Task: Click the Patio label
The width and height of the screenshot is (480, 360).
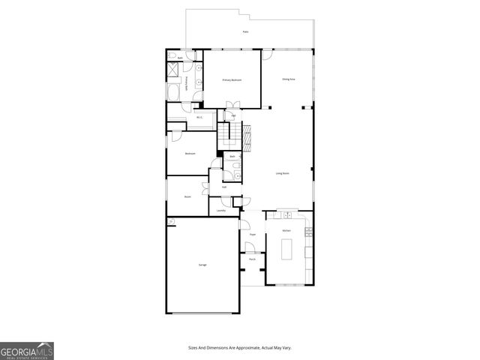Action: coord(245,31)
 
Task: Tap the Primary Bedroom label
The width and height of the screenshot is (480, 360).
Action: coord(231,79)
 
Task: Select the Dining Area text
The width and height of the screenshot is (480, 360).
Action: coord(287,79)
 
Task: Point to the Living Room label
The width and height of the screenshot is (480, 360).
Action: coord(283,174)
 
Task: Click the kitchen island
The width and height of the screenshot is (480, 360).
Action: coord(286,247)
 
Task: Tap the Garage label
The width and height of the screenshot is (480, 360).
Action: coord(202,265)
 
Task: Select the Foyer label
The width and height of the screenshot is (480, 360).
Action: coord(253,235)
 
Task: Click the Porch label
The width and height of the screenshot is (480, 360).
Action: coord(253,259)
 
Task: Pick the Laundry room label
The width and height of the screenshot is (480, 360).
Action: coord(220,211)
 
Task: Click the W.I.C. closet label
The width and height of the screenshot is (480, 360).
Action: coord(199,117)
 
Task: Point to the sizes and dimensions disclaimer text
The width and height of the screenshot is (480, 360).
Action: coord(240,347)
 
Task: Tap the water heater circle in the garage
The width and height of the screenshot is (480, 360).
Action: coord(171,221)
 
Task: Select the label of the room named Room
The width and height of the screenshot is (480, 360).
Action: coord(187,196)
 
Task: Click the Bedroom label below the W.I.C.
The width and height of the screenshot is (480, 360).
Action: coord(190,154)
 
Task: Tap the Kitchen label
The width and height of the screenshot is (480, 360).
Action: coord(286,230)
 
